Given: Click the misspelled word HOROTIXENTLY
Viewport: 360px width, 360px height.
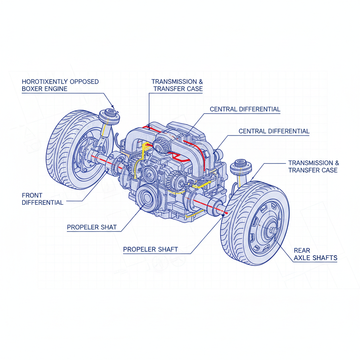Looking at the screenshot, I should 45,82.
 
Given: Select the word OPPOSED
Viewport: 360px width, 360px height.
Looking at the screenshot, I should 84,82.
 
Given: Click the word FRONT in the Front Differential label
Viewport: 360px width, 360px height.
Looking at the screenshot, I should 32,195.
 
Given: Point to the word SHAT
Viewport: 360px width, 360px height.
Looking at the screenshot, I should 109,227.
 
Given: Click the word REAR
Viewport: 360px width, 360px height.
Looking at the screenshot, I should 302,250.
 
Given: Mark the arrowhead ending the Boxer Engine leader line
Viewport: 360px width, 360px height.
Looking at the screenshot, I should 113,106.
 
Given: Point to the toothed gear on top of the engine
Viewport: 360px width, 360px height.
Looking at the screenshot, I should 162,146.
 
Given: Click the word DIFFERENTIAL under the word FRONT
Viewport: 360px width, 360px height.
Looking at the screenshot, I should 43,202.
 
